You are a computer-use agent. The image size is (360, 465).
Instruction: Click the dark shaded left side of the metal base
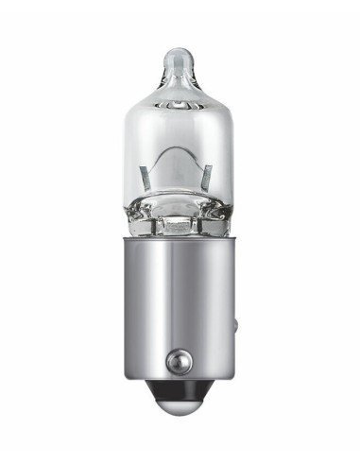pyautogui.click(x=133, y=302)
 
